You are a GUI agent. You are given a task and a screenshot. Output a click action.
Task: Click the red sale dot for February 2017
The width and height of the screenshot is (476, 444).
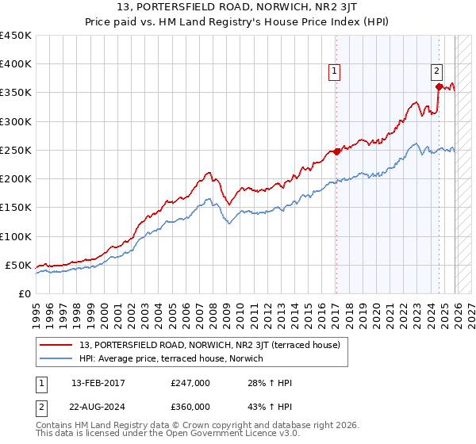pyautogui.click(x=336, y=151)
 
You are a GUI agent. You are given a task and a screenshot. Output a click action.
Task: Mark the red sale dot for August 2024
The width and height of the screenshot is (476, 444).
pyautogui.click(x=439, y=86)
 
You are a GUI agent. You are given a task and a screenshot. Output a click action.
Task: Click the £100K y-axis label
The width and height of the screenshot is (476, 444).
pyautogui.click(x=16, y=236)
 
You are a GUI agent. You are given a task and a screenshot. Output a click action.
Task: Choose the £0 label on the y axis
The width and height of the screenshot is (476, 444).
pyautogui.click(x=24, y=293)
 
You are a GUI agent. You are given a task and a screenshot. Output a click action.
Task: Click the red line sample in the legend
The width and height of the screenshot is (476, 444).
pyautogui.click(x=57, y=345)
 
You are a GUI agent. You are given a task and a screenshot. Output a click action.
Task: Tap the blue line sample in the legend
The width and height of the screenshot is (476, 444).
pyautogui.click(x=57, y=359)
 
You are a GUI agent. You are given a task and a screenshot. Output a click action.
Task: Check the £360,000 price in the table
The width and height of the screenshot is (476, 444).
pyautogui.click(x=190, y=406)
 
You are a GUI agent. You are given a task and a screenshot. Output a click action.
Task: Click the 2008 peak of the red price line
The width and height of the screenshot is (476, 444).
pyautogui.click(x=208, y=172)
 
